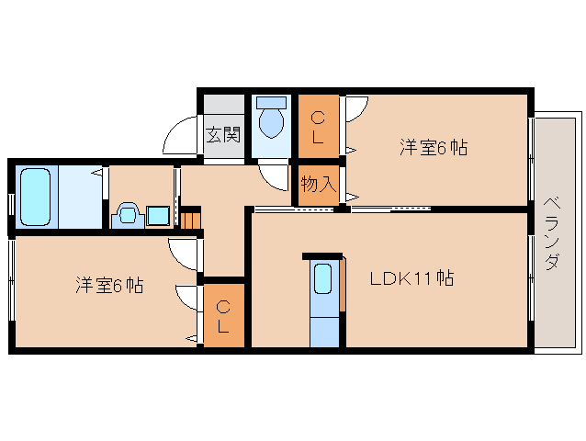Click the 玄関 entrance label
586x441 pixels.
click(223, 134)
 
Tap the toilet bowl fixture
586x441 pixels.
click(271, 122)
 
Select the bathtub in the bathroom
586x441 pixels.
click(36, 197)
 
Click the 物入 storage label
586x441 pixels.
click(319, 184)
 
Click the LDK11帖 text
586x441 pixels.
click(411, 278)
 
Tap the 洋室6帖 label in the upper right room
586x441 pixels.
click(434, 147)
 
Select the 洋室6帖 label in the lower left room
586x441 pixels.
click(109, 285)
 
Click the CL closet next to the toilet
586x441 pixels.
click(319, 126)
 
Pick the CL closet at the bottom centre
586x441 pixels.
click(223, 316)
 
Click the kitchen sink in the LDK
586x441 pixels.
click(323, 278)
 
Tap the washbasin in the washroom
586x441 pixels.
click(128, 215)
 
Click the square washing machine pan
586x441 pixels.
click(158, 216)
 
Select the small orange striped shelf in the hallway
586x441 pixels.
click(191, 220)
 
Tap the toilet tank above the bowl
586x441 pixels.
click(272, 103)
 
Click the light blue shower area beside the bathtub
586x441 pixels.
click(80, 197)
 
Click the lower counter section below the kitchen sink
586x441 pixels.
click(324, 331)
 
